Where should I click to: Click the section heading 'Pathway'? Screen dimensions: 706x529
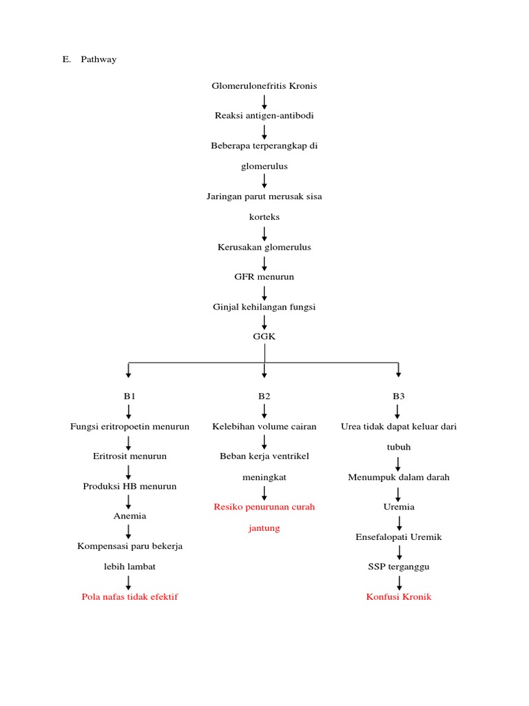[x=98, y=59]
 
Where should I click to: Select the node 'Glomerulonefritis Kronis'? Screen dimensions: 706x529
[x=264, y=86]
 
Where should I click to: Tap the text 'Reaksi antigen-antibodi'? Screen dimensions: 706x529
[x=264, y=116]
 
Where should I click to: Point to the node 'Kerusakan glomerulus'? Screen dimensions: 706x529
[x=264, y=247]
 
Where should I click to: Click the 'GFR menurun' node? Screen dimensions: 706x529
[x=264, y=276]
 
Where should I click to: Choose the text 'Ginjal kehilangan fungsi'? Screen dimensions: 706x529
[x=264, y=307]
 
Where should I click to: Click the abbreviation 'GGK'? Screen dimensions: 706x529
[x=264, y=336]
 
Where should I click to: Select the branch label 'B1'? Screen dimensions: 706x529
[x=129, y=396]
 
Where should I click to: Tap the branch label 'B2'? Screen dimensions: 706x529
[x=264, y=396]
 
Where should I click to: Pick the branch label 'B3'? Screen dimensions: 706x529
[x=399, y=396]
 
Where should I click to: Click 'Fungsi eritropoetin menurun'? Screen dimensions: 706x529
[x=129, y=427]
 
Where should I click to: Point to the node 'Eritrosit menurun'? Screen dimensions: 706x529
[x=129, y=456]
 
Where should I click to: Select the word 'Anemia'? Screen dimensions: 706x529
[x=129, y=516]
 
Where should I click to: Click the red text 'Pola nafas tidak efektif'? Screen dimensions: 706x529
[x=129, y=597]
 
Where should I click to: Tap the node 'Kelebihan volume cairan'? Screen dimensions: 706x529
[x=264, y=427]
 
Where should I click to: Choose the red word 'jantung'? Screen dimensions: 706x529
[x=264, y=529]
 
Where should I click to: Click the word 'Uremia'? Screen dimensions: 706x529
[x=399, y=507]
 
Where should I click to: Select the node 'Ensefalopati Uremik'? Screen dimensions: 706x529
[x=399, y=537]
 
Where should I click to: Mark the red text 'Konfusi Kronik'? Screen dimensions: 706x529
[x=399, y=597]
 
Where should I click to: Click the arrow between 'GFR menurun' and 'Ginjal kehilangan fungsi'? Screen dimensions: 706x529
[x=264, y=292]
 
